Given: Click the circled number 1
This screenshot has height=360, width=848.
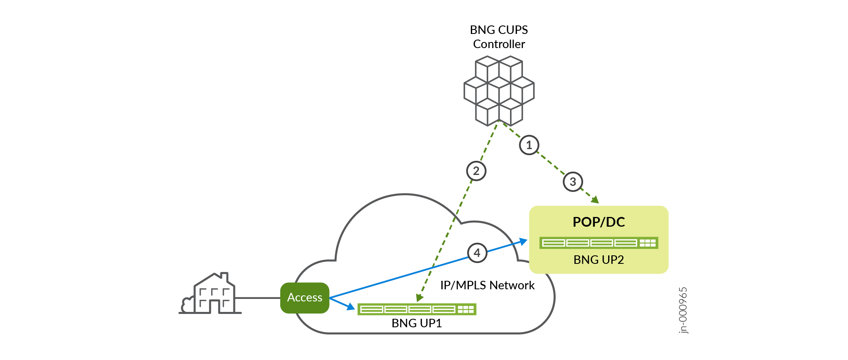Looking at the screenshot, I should tap(529, 145).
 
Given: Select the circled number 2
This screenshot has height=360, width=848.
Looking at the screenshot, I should tap(476, 171).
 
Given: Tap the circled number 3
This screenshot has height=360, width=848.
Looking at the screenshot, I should tap(573, 182).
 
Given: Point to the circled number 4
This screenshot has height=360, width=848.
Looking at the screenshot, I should tap(477, 253).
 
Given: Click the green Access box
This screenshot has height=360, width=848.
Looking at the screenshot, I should tap(305, 298).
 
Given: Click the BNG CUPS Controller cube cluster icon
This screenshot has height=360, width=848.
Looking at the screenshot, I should tap(499, 91).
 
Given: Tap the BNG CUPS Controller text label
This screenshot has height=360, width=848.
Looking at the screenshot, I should tap(499, 37).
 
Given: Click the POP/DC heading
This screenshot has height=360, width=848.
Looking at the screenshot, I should tap(598, 222).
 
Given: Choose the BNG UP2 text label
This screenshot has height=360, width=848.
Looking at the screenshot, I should tap(598, 260).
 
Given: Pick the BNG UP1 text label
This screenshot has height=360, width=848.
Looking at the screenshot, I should tap(417, 323).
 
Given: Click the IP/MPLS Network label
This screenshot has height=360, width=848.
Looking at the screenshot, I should tap(487, 285).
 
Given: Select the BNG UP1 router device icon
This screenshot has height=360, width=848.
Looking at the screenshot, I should tap(417, 309).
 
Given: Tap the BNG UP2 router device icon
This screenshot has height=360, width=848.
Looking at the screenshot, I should tap(598, 243).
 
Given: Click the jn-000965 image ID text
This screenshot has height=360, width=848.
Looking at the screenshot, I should tap(683, 310).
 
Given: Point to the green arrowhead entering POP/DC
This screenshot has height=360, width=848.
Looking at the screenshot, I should tap(595, 199).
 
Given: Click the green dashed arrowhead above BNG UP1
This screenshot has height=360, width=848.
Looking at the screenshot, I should tap(420, 298).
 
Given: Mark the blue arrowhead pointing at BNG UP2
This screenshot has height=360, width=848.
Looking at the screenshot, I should tap(523, 242).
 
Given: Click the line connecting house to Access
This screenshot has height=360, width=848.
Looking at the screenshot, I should tap(258, 298).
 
